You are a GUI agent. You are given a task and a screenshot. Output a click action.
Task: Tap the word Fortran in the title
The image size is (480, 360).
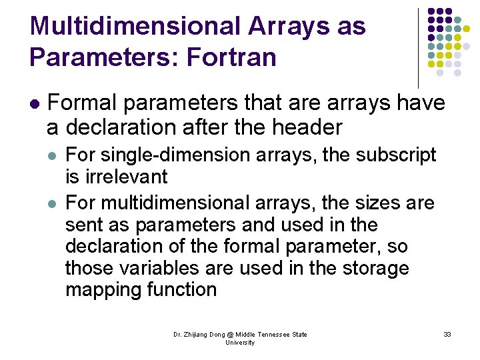[232, 57]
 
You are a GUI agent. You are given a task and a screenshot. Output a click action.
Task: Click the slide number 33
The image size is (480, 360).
[447, 334]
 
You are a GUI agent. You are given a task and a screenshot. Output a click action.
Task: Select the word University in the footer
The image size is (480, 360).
[240, 342]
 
